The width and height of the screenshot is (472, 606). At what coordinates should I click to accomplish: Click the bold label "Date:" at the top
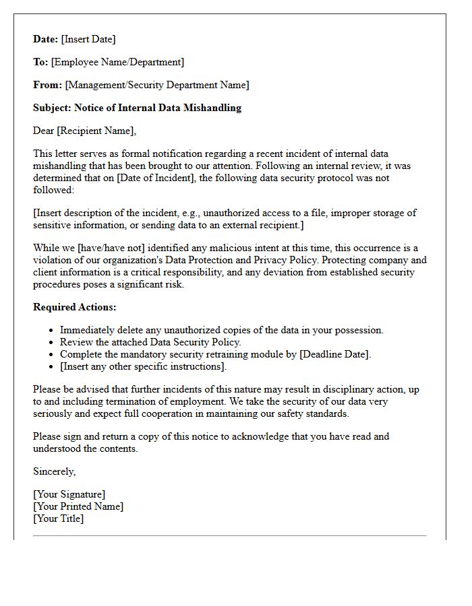[x=46, y=39]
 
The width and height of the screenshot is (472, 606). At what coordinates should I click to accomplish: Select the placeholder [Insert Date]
[x=88, y=39]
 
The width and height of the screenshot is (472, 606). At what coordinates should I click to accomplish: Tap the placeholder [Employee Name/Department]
[x=117, y=62]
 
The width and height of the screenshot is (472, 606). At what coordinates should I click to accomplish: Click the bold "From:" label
[x=47, y=85]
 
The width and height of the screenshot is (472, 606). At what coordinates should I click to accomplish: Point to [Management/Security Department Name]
[x=156, y=85]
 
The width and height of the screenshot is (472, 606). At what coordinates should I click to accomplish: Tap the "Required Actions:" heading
[x=75, y=307]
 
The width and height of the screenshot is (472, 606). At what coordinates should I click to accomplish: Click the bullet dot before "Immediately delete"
[x=51, y=331]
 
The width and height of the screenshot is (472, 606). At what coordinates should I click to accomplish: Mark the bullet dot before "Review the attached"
[x=51, y=343]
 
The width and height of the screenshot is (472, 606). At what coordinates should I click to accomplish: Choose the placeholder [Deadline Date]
[x=334, y=354]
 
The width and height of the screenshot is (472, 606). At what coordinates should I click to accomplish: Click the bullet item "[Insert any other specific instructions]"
[x=143, y=366]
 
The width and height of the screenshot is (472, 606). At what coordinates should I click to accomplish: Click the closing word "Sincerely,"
[x=55, y=471]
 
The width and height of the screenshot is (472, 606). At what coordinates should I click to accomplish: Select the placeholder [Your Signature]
[x=69, y=494]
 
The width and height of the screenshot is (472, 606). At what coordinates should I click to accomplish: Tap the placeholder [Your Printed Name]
[x=78, y=506]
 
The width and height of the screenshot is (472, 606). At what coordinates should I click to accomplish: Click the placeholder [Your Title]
[x=58, y=518]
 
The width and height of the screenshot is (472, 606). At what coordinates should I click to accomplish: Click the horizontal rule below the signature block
[x=229, y=536]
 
